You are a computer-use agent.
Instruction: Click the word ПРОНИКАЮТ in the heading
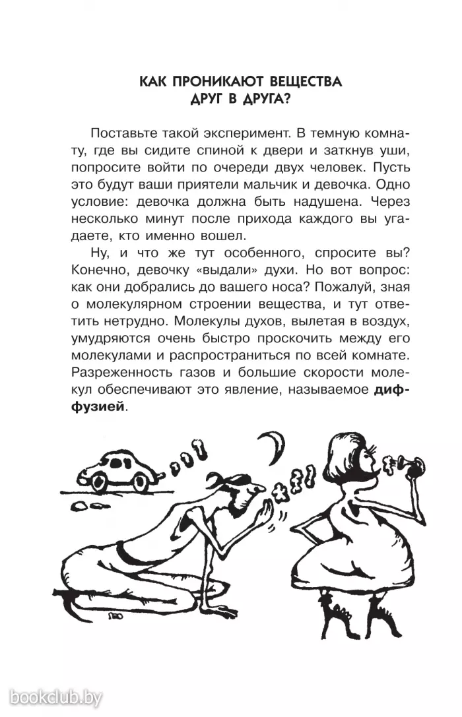[210, 82]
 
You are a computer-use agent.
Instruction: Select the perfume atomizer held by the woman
[406, 462]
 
